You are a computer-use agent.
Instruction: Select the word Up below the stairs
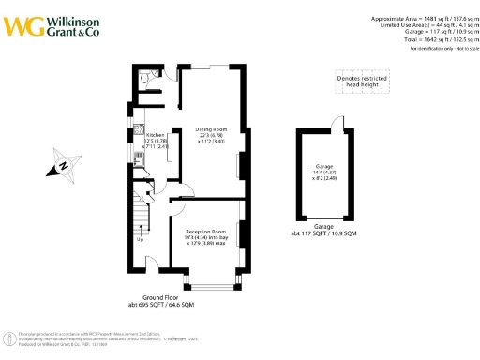point(141,240)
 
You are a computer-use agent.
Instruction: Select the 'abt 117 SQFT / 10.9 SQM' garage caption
point(323,232)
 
